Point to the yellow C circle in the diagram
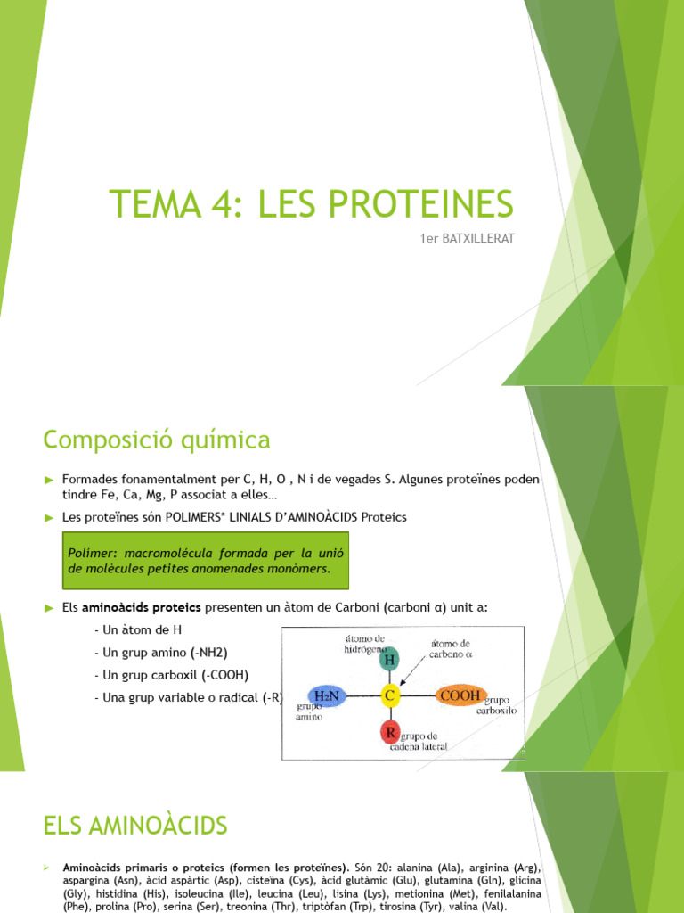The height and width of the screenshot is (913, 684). pos(389,695)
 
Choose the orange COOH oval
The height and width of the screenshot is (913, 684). pos(460,695)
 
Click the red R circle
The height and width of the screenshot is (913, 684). pos(389,733)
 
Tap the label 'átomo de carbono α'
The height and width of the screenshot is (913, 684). pos(451,649)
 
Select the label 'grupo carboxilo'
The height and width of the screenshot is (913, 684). pos(501,706)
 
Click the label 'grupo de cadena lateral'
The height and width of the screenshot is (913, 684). pos(424,741)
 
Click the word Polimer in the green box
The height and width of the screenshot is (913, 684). pos(89,553)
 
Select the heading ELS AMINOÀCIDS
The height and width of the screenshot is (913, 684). pos(135,827)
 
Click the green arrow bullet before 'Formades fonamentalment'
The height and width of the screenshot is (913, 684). pos(50,480)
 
